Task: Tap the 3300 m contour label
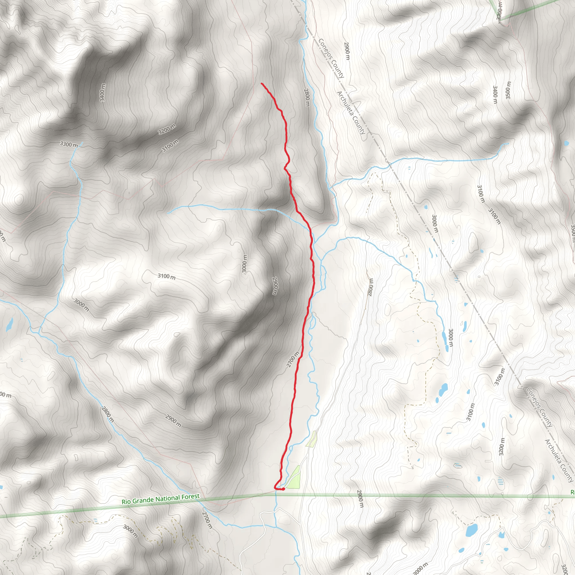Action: click(69, 145)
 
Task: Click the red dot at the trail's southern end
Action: click(283, 489)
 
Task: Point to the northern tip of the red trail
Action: click(262, 84)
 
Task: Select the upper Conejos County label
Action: click(331, 58)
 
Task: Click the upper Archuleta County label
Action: click(351, 113)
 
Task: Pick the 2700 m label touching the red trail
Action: click(293, 359)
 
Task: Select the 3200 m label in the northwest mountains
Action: click(167, 129)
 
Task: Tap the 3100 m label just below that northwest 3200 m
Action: click(170, 145)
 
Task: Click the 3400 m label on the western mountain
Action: click(103, 93)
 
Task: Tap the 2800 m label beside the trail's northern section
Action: click(307, 97)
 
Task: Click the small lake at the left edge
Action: click(10, 324)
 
